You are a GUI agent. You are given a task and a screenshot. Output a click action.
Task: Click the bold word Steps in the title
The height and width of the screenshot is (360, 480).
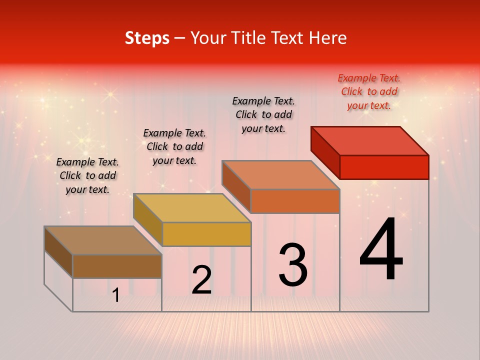click(x=147, y=38)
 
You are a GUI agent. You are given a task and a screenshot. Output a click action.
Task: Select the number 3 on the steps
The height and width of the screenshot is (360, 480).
click(x=293, y=265)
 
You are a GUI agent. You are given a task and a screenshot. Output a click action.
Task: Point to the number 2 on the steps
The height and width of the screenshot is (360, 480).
click(x=201, y=280)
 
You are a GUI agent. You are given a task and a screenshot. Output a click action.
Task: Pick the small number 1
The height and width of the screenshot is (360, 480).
click(x=116, y=295)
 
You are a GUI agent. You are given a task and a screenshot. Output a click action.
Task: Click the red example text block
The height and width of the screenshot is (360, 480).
click(x=369, y=91)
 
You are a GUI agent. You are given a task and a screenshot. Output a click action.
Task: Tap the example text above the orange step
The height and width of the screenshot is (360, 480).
click(x=263, y=114)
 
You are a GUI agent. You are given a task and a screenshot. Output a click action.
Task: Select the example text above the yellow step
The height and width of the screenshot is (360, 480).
click(x=174, y=146)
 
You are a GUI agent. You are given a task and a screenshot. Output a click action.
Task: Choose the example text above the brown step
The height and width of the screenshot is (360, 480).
click(x=87, y=175)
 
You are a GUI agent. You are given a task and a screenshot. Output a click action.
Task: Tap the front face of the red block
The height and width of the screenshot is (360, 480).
click(x=384, y=167)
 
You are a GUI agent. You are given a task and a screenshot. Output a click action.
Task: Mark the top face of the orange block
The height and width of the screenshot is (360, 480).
click(x=280, y=175)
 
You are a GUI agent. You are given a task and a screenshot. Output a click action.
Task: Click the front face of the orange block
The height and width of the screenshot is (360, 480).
click(x=295, y=201)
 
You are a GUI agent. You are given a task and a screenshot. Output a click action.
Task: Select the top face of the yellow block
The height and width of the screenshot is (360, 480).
click(x=192, y=208)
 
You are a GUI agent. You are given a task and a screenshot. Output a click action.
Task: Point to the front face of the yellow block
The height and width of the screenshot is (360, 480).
click(x=206, y=234)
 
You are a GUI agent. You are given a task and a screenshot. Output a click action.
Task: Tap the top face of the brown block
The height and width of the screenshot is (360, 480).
click(x=103, y=240)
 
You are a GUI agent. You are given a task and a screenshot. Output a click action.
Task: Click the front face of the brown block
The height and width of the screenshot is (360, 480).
click(x=117, y=266)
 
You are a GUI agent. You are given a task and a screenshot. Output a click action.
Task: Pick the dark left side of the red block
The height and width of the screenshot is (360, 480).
click(x=325, y=152)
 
